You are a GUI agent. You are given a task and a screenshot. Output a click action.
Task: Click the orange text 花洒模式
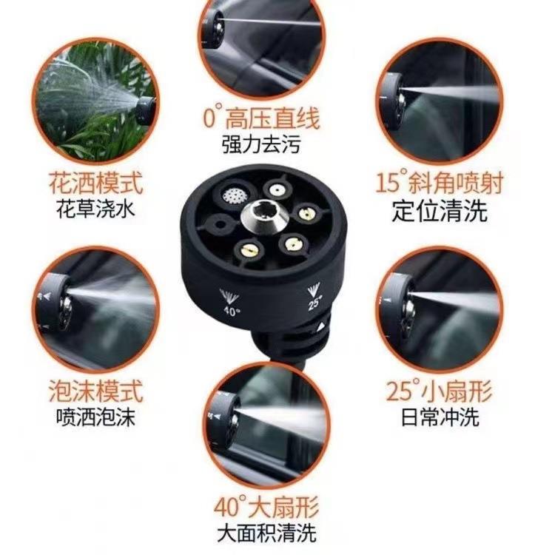coord(95,180)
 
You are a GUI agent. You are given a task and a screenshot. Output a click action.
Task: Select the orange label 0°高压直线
coord(262,118)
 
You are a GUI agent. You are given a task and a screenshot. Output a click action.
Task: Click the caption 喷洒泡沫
coord(96,417)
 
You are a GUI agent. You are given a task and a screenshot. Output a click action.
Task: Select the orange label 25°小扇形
coord(440,389)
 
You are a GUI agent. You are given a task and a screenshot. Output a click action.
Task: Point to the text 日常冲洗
coord(440,416)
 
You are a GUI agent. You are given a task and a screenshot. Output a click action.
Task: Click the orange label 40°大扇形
coord(266,508)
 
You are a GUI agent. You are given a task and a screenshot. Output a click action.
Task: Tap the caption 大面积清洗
coord(266,533)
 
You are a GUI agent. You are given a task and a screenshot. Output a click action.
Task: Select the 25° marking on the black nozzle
coord(312,299)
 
